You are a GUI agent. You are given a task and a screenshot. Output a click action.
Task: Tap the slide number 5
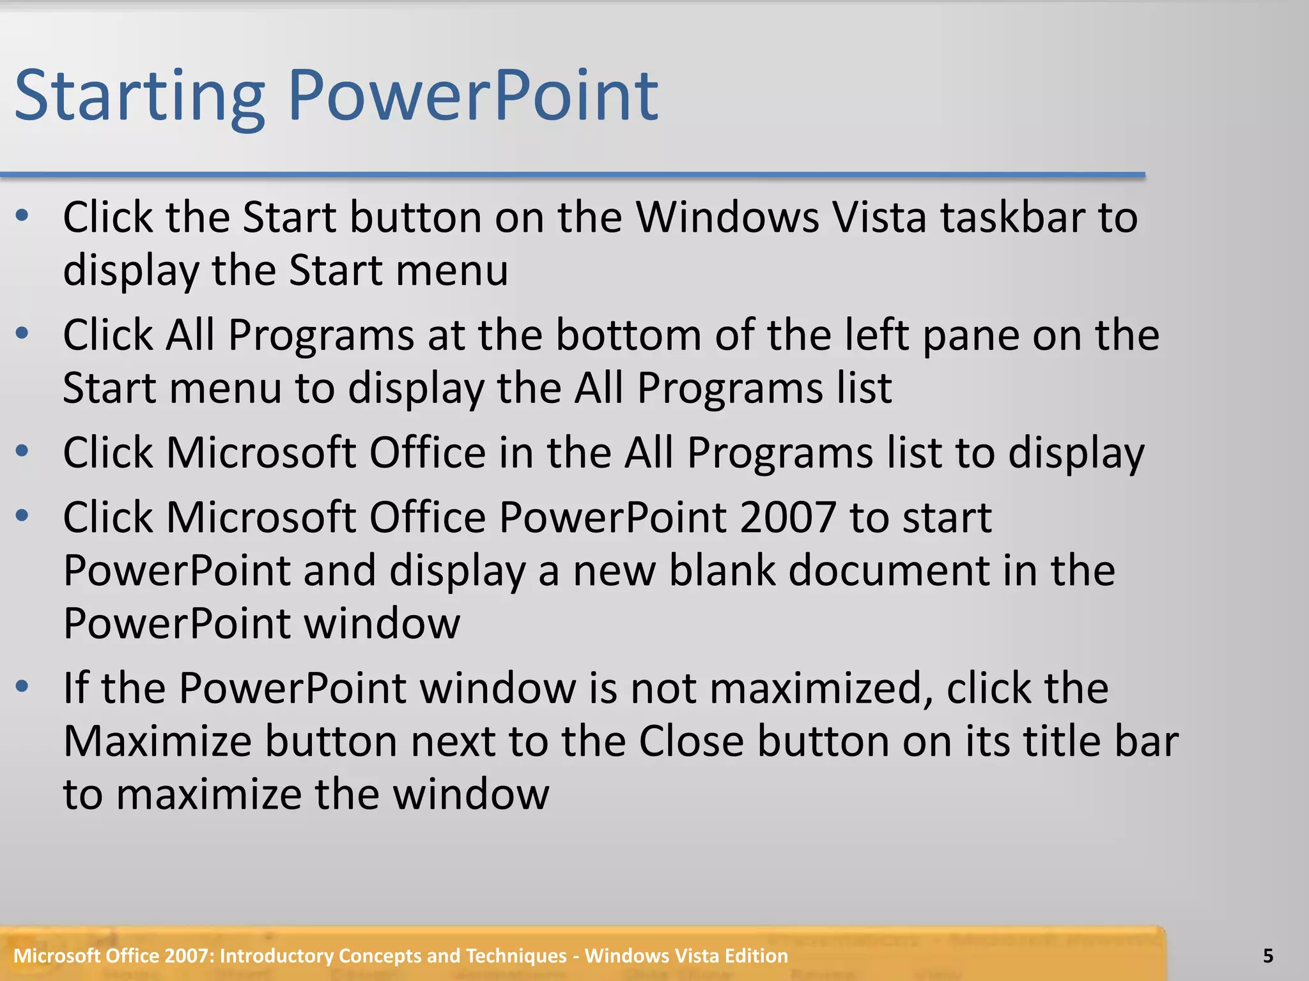point(1268,956)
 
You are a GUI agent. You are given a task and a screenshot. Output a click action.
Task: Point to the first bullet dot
point(22,216)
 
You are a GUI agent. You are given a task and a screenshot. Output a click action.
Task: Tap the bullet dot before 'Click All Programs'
point(22,333)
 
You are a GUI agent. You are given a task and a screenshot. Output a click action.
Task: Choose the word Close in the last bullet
point(692,741)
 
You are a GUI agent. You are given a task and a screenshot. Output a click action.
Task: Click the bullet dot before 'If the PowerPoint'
point(22,687)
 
